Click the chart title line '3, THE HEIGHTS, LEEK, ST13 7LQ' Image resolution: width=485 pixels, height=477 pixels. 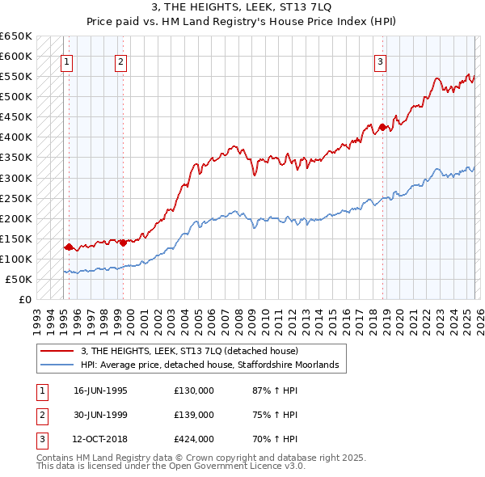(x=242, y=6)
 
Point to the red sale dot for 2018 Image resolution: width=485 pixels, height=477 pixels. (x=382, y=126)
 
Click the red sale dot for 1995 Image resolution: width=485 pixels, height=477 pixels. (x=69, y=247)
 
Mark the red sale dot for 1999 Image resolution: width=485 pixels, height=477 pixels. (x=123, y=243)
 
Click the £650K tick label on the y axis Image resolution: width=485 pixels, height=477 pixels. (x=16, y=36)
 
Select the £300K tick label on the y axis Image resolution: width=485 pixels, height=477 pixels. (x=16, y=178)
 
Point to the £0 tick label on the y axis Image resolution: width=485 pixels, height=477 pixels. (x=23, y=299)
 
